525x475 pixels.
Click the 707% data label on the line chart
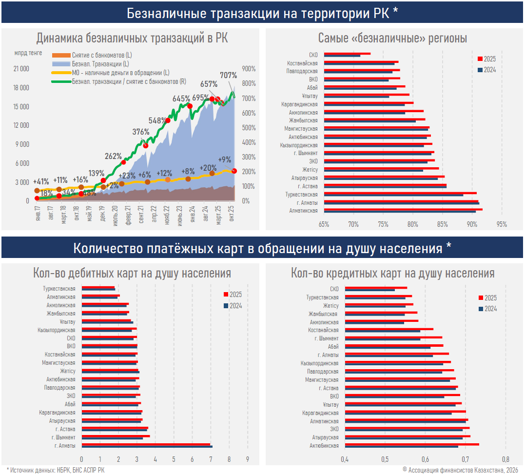(x=228, y=75)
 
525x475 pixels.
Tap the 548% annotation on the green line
(x=157, y=120)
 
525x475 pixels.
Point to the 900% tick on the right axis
(x=249, y=69)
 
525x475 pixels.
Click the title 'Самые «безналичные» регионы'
(x=392, y=38)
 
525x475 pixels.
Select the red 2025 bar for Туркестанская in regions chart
(x=400, y=193)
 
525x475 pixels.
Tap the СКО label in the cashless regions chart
(x=313, y=55)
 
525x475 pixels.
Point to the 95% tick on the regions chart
(x=502, y=225)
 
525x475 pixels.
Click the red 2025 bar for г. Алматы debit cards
(x=146, y=444)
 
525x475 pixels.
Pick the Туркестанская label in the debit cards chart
(x=59, y=289)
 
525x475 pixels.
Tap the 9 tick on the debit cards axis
(x=248, y=459)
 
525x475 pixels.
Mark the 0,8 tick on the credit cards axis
(x=506, y=459)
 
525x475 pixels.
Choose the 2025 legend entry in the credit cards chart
(x=487, y=297)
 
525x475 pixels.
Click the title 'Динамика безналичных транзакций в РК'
(x=132, y=38)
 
